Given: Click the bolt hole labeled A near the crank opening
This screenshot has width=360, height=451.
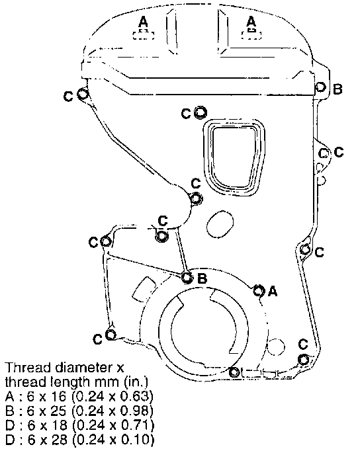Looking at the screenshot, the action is click(x=258, y=290).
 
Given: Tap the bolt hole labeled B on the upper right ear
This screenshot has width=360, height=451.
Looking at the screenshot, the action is click(x=320, y=87).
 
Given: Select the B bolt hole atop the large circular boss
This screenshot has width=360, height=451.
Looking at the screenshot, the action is click(x=187, y=278).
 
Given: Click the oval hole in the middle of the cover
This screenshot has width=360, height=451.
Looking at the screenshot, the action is click(x=220, y=224).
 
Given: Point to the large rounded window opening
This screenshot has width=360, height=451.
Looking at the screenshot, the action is click(x=234, y=157).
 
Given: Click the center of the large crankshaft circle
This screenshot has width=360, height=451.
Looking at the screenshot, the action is click(x=203, y=330).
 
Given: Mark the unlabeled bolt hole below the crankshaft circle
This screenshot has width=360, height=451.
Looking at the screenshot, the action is click(x=234, y=372).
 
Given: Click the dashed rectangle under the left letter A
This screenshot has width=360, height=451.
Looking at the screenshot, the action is click(x=144, y=34).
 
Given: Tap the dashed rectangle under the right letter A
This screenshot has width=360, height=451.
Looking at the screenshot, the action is click(x=251, y=34).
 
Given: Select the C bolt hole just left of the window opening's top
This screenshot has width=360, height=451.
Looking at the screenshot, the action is click(x=201, y=112).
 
